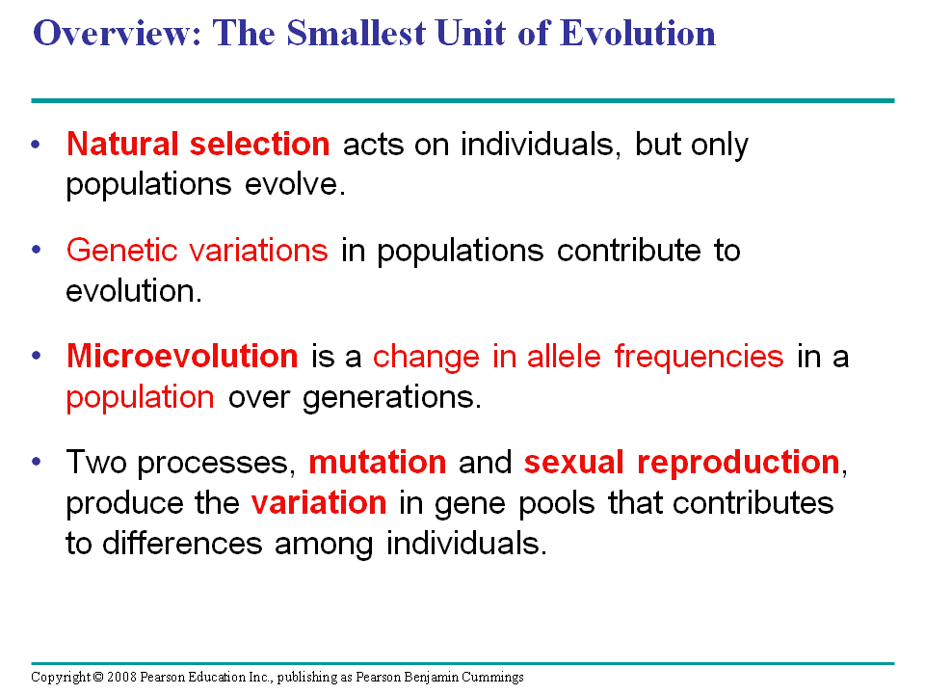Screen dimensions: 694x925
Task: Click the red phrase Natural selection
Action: [198, 145]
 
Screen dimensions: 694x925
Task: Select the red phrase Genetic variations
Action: [197, 251]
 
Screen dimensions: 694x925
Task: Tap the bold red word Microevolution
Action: [182, 357]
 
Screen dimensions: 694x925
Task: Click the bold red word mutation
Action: [377, 463]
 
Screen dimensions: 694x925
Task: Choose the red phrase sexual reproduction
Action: [681, 463]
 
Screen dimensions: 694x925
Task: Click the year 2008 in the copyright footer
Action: [121, 678]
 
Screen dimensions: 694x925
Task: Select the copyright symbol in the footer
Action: [98, 678]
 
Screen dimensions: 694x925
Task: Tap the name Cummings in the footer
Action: [491, 678]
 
